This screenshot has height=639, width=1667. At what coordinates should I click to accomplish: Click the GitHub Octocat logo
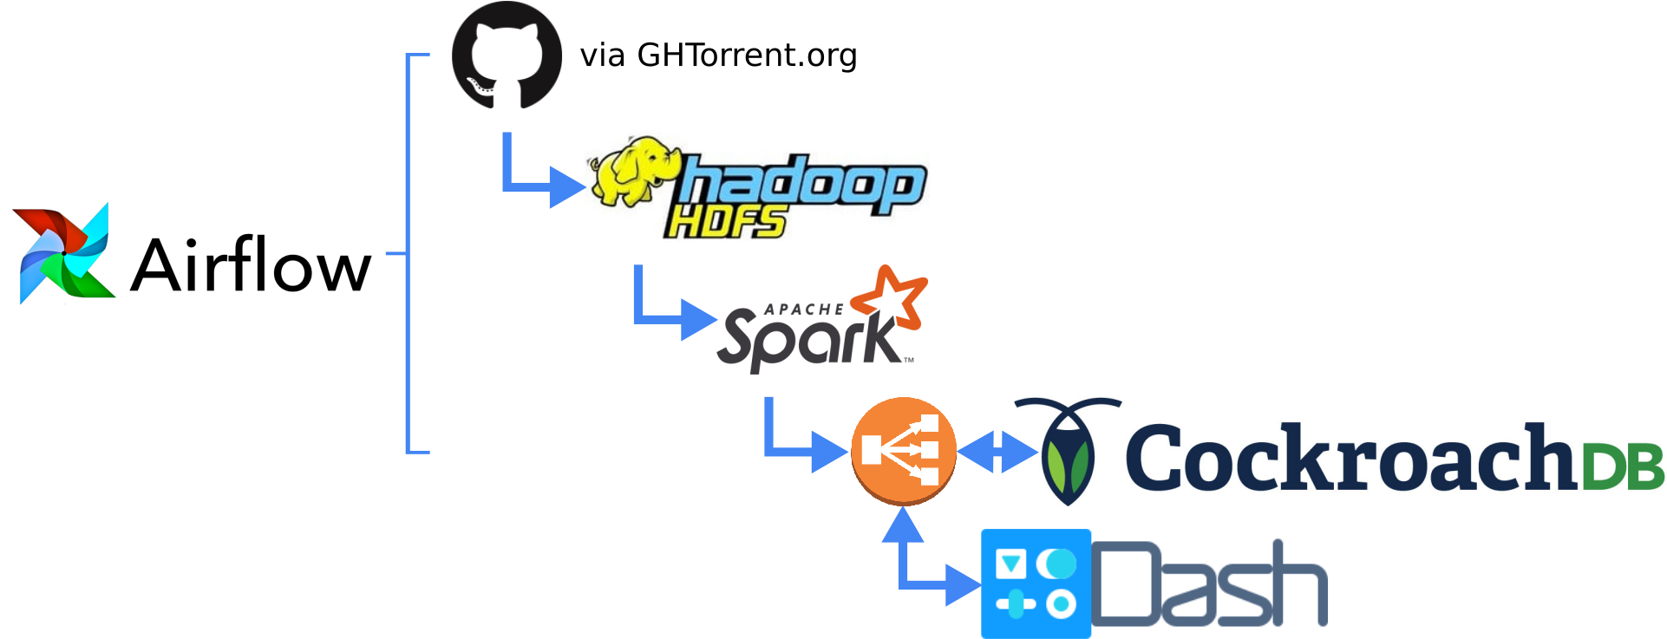(507, 55)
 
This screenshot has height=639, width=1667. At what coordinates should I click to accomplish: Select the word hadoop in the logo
(802, 184)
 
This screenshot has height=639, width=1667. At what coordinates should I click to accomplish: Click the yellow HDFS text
(725, 223)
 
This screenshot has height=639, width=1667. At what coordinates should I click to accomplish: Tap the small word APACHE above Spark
(803, 310)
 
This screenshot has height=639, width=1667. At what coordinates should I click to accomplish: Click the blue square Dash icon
(1036, 583)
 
